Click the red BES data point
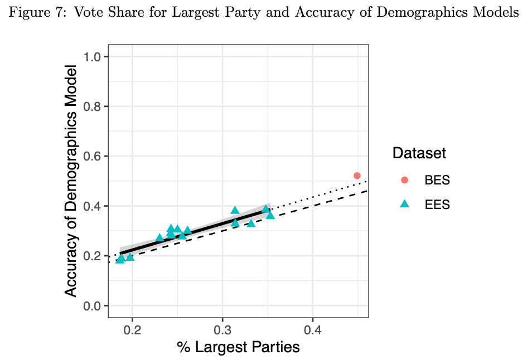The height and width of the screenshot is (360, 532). click(x=357, y=176)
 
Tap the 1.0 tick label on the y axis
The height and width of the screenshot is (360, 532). click(x=93, y=56)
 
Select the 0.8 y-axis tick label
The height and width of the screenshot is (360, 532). click(x=93, y=106)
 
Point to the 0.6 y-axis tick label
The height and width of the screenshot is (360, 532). click(x=93, y=156)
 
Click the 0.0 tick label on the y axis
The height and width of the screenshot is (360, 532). click(x=93, y=305)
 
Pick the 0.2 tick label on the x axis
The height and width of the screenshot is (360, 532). click(x=132, y=329)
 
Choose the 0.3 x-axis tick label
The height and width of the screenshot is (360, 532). click(x=223, y=329)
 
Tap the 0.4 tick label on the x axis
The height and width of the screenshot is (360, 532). click(x=313, y=329)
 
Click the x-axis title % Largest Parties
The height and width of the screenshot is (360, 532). click(x=238, y=347)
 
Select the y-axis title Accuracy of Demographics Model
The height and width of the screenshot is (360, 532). click(x=71, y=181)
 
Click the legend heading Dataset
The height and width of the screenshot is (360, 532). click(x=419, y=153)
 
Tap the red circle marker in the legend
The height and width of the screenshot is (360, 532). click(x=405, y=180)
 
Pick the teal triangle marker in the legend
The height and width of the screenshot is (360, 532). click(x=405, y=204)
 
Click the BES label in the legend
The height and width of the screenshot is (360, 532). click(x=437, y=181)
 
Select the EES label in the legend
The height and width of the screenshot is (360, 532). click(x=437, y=205)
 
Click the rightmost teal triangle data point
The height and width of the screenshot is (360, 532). click(x=270, y=215)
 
